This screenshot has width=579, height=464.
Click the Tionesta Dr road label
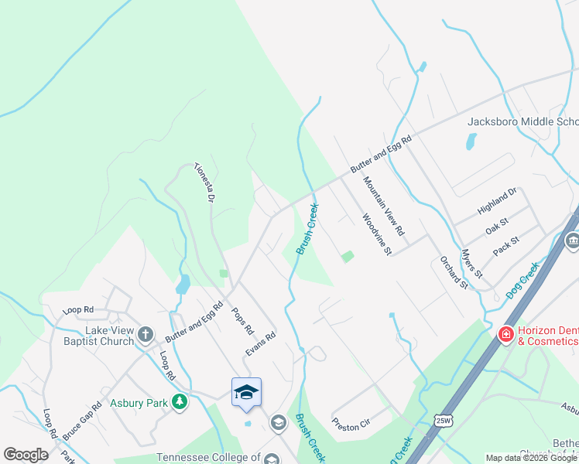coord(204,183)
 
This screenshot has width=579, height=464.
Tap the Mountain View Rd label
coord(384,206)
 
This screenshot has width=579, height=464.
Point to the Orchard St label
coord(454,273)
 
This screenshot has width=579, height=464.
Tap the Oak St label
coord(496,229)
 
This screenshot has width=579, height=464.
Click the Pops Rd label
coord(242,319)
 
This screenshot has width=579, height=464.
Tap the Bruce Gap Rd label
coord(82,421)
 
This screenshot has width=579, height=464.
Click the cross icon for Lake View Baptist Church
coord(146,334)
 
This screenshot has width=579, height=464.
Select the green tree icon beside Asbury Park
coord(180,401)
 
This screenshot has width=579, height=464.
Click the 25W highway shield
coord(443,420)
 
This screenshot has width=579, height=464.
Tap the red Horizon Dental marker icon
coord(505,334)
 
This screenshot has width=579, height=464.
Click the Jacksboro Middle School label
coord(522,122)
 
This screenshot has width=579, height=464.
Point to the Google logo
coord(26,455)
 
